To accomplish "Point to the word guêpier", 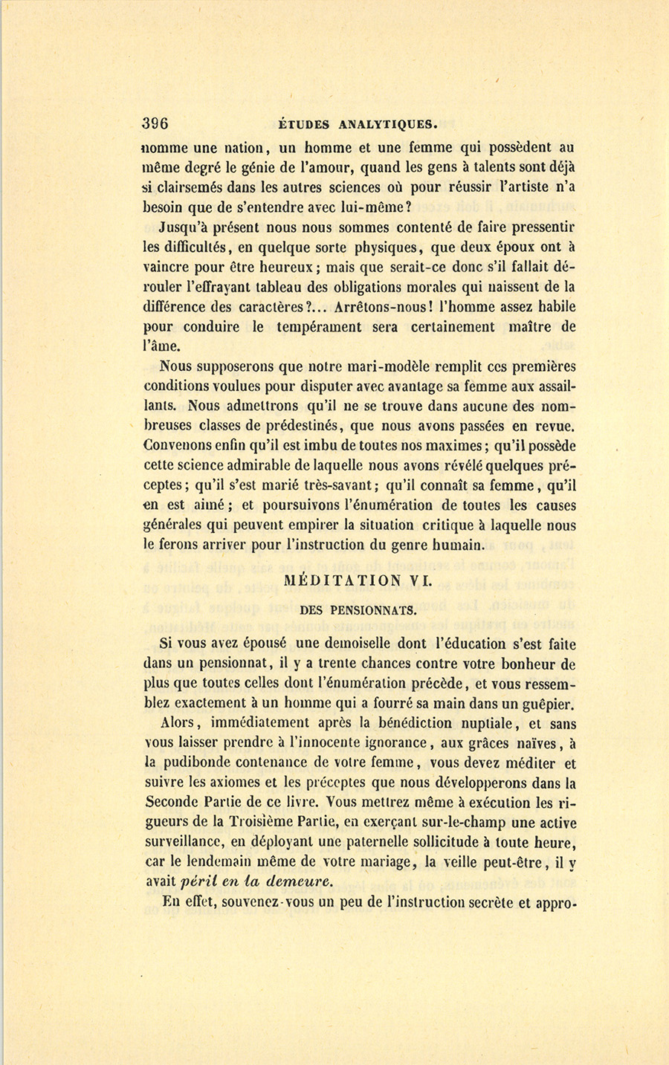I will [548, 705].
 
